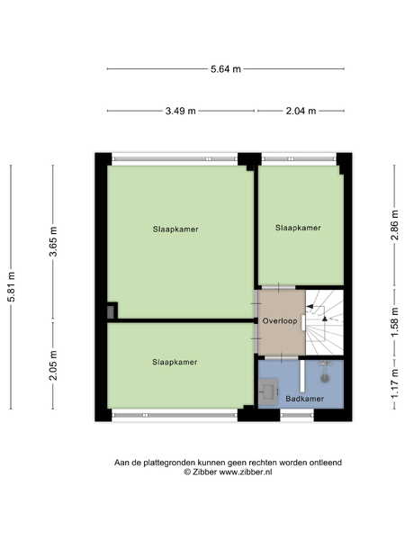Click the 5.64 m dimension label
[x=226, y=69]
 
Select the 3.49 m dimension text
[x=181, y=111]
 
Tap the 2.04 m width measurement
[x=301, y=111]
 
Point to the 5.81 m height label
[x=12, y=287]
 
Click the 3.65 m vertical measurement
[x=53, y=242]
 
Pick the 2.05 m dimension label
[x=53, y=365]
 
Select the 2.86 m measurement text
[x=395, y=225]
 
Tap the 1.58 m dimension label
[x=395, y=322]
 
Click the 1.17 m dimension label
[x=395, y=384]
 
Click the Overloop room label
[x=280, y=321]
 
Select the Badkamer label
[x=305, y=399]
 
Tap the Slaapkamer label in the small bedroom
[x=298, y=228]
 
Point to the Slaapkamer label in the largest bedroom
[x=175, y=229]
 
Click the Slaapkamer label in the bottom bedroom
[x=175, y=362]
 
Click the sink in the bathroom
[x=268, y=391]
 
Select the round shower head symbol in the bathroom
[x=325, y=378]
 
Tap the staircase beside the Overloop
[x=324, y=322]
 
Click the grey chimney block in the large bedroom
[x=111, y=312]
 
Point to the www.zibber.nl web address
[x=246, y=472]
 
